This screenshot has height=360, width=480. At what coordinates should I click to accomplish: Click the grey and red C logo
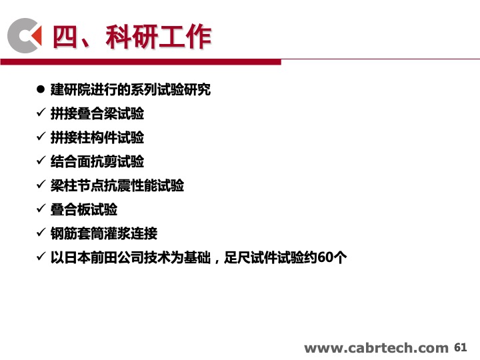(x=25, y=35)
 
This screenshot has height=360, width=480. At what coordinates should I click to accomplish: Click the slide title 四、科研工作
(x=132, y=37)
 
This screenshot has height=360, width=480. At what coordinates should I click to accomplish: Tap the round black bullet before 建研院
(x=41, y=89)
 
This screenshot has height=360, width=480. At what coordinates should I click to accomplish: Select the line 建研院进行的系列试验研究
(x=131, y=90)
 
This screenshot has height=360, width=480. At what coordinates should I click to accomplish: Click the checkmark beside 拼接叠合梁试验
(x=41, y=113)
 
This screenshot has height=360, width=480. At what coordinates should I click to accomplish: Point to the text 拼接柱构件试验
(x=97, y=137)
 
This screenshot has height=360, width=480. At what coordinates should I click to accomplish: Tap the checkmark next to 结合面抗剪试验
(x=41, y=160)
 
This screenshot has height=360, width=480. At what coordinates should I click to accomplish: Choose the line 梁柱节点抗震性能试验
(x=117, y=185)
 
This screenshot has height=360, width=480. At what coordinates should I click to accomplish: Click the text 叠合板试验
(x=84, y=209)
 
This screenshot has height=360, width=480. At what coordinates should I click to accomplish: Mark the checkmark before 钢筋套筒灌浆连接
(x=41, y=232)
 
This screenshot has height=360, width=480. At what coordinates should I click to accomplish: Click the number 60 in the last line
(x=325, y=257)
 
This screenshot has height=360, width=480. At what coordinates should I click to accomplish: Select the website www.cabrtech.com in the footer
(x=376, y=348)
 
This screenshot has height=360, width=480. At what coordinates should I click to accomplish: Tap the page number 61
(x=461, y=347)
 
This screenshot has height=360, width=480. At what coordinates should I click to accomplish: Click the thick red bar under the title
(x=141, y=62)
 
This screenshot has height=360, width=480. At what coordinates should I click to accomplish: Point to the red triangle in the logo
(x=36, y=35)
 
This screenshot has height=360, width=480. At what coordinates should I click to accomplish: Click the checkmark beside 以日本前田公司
(x=41, y=256)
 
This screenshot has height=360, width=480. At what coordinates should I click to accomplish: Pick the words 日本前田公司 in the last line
(x=104, y=257)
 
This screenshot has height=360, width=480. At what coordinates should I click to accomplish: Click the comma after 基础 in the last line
(x=217, y=261)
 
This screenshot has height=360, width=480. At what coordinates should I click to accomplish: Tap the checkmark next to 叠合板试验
(x=41, y=208)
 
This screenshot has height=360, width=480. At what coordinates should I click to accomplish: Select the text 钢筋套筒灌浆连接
(x=104, y=233)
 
